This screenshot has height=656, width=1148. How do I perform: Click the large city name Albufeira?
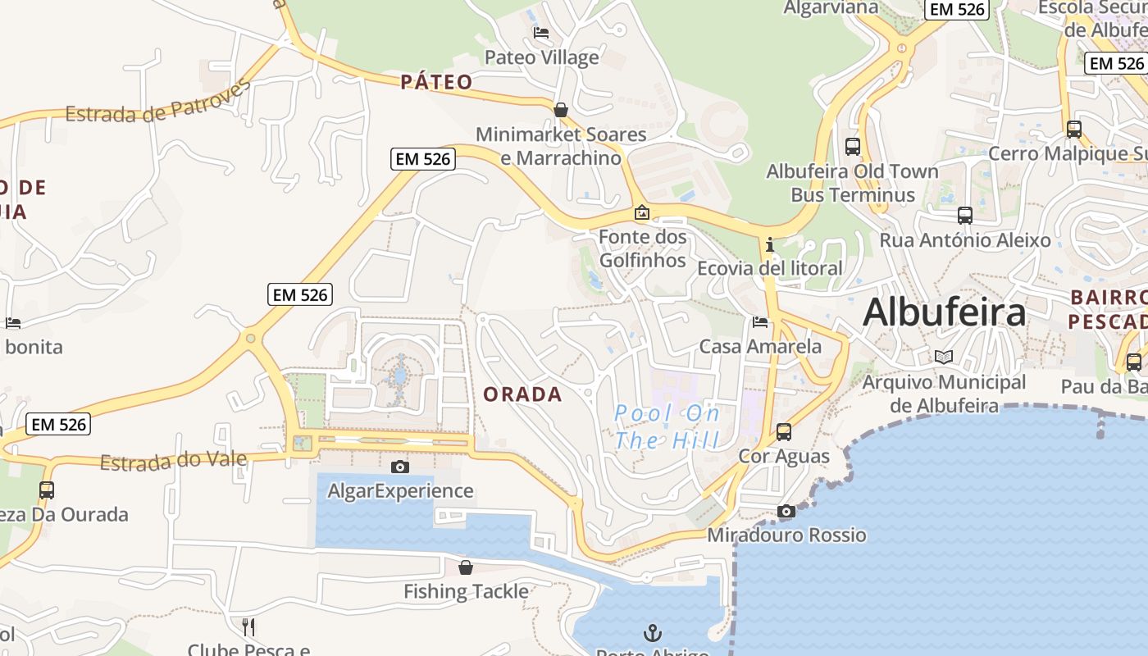click(944, 312)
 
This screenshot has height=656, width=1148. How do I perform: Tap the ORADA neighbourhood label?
click(522, 394)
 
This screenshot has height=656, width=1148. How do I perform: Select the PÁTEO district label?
click(436, 82)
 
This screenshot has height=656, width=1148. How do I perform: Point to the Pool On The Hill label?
click(667, 426)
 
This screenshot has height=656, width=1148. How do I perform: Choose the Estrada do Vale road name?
click(173, 461)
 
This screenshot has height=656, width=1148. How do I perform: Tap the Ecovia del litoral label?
click(769, 268)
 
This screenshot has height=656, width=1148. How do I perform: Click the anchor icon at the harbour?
click(653, 632)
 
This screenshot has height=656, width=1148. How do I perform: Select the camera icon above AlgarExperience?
click(400, 467)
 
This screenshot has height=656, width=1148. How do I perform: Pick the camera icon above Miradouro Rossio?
click(786, 512)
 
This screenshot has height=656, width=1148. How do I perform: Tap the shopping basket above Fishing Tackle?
click(466, 567)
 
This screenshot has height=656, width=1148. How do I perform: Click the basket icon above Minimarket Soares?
click(561, 109)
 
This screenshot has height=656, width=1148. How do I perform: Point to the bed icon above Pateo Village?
click(541, 33)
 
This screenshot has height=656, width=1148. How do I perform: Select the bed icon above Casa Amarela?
click(760, 322)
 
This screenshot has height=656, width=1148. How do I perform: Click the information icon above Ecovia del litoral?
click(769, 245)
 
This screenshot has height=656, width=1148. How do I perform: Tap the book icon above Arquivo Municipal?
click(944, 357)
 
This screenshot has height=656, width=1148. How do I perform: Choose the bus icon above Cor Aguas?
click(784, 431)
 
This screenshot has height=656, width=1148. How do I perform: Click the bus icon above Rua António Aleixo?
click(965, 216)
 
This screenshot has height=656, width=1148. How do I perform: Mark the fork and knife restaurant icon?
click(248, 627)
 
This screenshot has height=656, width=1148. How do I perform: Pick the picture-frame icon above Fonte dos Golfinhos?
click(642, 213)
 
